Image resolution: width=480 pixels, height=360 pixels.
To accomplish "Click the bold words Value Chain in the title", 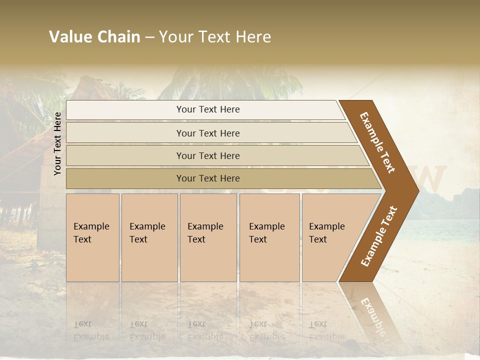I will pos(94,37).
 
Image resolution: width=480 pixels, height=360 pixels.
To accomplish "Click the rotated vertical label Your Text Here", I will pos(57,143).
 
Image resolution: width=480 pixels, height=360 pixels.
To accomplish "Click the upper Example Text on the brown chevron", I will pos(377,142).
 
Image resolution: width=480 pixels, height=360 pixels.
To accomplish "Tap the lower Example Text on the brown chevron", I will pos(379,236).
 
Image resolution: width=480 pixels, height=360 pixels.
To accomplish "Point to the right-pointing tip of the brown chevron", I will pos(416,190).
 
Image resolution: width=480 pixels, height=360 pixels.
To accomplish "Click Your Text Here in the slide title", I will pos(215,37).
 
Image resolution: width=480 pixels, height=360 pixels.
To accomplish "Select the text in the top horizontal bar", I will pos(208,109).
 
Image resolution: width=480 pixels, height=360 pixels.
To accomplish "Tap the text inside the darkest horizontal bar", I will pos(208,178).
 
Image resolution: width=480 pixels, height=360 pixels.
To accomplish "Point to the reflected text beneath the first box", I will pos(91,330).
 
